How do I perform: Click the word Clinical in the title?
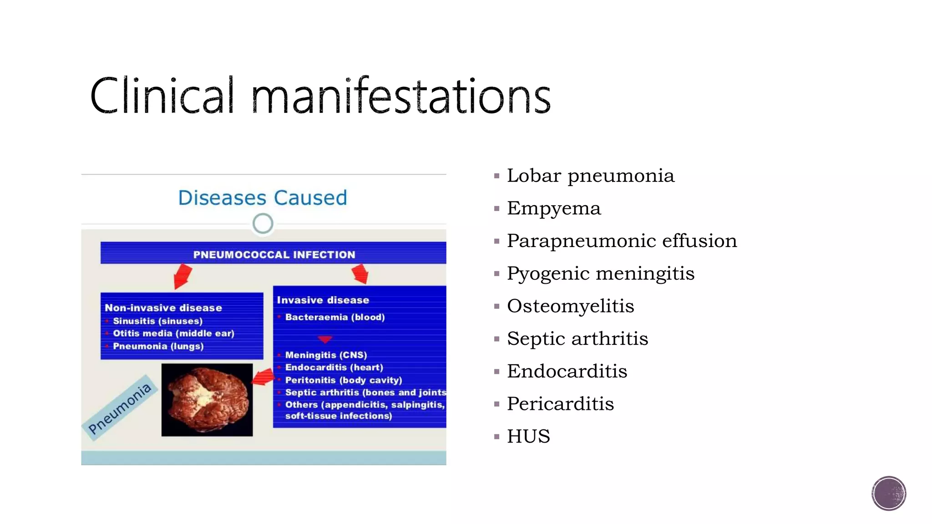point(162,96)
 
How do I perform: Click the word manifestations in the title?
point(400,96)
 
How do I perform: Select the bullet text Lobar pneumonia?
point(590,176)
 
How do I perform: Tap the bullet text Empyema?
point(554,208)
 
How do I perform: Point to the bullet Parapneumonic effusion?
point(622,241)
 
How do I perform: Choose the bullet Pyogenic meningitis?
point(601,274)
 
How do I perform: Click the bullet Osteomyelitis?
point(570,306)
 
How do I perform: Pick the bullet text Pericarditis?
point(560,404)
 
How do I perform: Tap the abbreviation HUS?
point(528,437)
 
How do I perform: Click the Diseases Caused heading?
point(263,198)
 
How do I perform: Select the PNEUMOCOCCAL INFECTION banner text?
point(274,255)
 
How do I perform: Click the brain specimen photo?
point(207,400)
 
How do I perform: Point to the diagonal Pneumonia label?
point(120,408)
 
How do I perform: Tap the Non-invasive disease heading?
point(163,308)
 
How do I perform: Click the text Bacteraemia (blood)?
point(334,317)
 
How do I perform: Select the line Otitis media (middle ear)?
point(173,333)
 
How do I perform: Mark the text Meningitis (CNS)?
point(326,355)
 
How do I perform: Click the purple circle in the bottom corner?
point(889,494)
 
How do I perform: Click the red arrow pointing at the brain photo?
point(264,377)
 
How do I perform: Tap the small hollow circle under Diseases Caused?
point(263,224)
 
